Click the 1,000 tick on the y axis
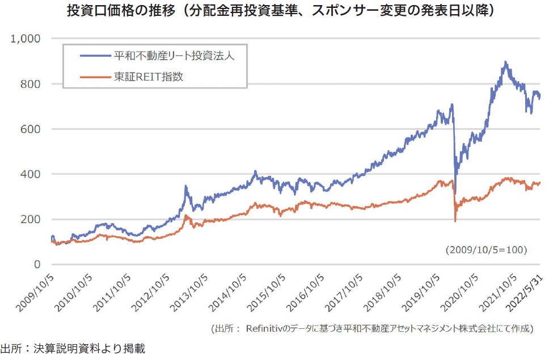point(26,39)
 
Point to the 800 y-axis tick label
point(31,84)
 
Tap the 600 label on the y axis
point(31,129)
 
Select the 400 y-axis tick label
point(31,174)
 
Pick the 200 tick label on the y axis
point(31,219)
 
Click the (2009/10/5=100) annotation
point(487,249)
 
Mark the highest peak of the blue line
point(505,62)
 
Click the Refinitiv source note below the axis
point(371,329)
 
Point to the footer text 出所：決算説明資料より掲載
point(73,349)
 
